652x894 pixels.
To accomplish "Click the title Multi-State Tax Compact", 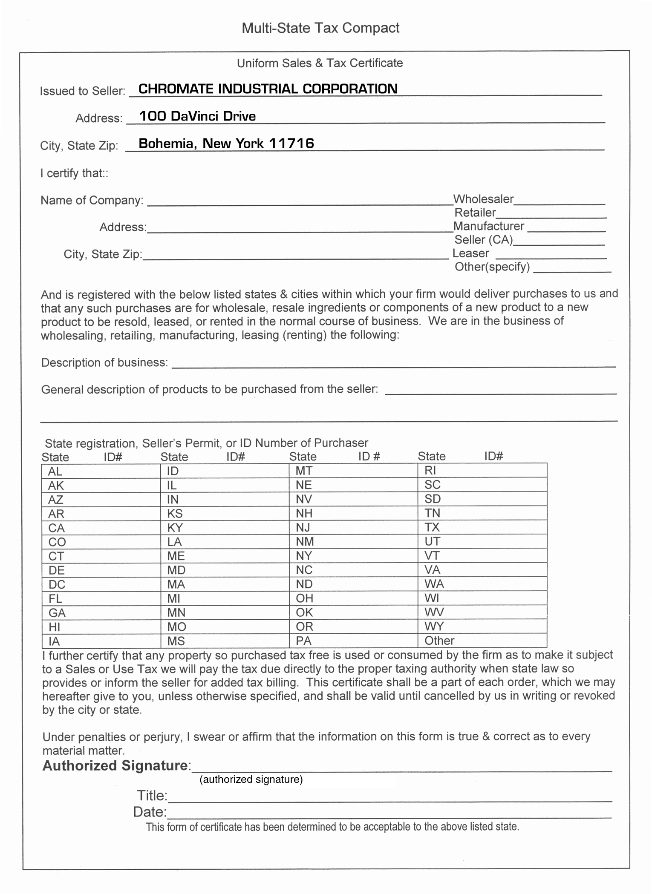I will click(x=320, y=28).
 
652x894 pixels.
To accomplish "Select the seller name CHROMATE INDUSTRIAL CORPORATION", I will click(x=268, y=89).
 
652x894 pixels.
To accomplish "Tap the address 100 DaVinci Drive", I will click(x=197, y=116).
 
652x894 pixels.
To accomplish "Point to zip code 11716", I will click(x=291, y=143).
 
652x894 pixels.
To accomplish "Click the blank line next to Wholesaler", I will click(x=559, y=203).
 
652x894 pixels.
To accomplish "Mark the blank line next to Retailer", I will click(x=551, y=216).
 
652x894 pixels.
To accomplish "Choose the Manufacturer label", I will click(x=489, y=226).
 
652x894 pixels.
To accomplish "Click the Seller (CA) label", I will click(x=484, y=240).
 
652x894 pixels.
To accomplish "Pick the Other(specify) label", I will click(x=492, y=267).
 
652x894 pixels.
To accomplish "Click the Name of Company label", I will click(x=92, y=200).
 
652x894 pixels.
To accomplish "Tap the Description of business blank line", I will click(x=393, y=365).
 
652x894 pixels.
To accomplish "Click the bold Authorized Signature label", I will click(x=115, y=766).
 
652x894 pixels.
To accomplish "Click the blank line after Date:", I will click(x=389, y=815).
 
